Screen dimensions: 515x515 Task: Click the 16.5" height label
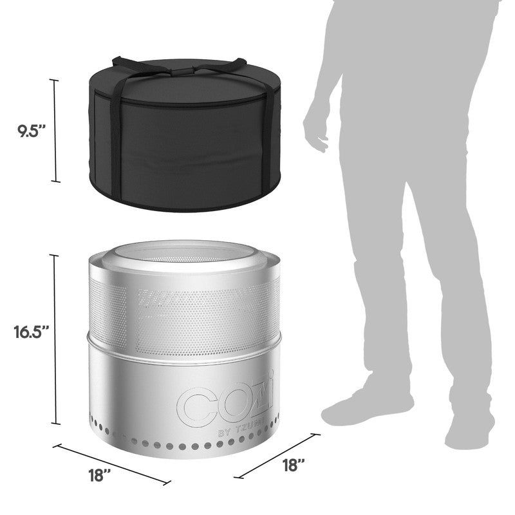tap(31, 332)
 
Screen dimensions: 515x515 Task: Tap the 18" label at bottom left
tap(100, 475)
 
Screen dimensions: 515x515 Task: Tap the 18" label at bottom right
tap(294, 465)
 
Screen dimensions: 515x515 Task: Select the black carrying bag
tap(185, 135)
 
